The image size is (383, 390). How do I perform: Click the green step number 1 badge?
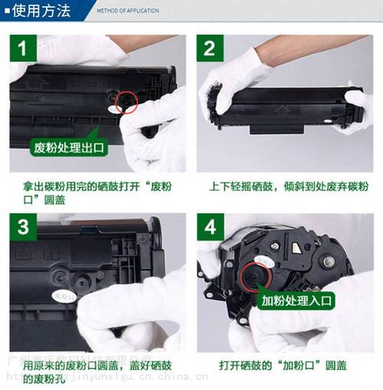tap(23, 48)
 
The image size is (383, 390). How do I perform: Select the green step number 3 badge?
tap(23, 228)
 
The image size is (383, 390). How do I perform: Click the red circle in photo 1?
tap(125, 102)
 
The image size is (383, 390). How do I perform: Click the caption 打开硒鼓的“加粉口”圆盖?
tap(283, 363)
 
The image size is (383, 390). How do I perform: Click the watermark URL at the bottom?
tap(107, 377)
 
